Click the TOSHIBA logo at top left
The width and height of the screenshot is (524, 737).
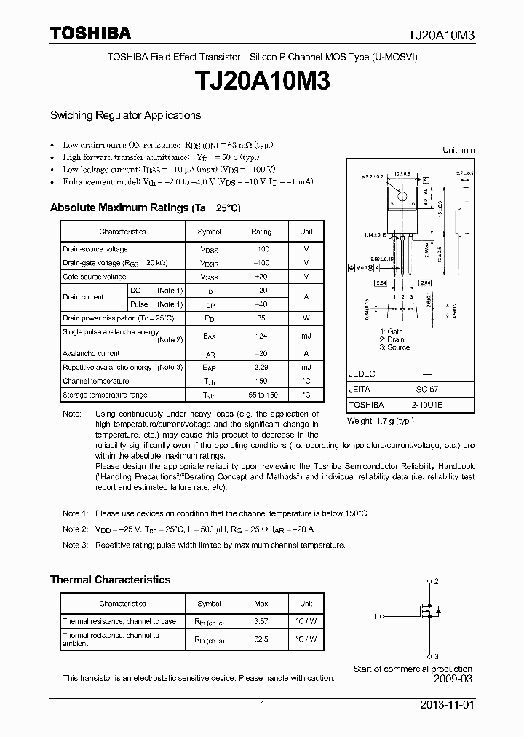point(90,33)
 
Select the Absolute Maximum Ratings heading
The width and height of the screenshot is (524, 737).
point(145,208)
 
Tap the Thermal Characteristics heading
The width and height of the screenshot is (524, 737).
point(110,580)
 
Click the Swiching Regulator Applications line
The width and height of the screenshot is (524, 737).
point(125,115)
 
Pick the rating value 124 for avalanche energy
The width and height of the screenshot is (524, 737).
point(261,336)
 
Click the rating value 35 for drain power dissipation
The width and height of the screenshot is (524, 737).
point(261,318)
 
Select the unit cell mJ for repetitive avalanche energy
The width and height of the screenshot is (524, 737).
point(306,368)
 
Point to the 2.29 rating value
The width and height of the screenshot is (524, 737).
point(261,368)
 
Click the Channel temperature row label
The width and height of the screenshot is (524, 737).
point(96,381)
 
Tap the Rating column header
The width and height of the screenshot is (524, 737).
point(261,232)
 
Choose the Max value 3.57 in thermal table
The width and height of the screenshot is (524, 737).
point(261,621)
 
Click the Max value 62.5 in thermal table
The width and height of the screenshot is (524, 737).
point(261,639)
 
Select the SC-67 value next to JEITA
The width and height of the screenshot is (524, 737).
point(428,390)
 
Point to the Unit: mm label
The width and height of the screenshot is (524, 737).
point(458,150)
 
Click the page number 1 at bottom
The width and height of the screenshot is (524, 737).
point(262,705)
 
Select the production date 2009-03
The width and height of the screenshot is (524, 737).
point(452,679)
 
